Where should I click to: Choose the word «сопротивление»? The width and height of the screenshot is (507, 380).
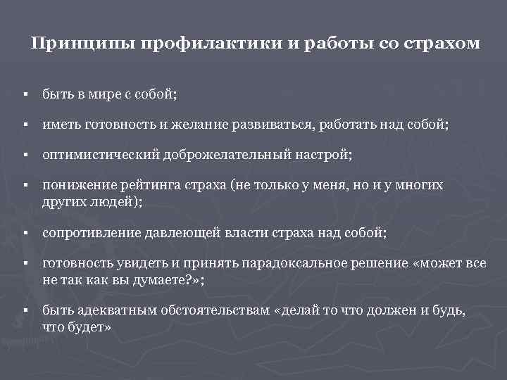88,232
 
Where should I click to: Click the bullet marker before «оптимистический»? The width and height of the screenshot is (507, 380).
24,155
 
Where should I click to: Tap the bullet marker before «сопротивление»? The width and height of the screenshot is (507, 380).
24,232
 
